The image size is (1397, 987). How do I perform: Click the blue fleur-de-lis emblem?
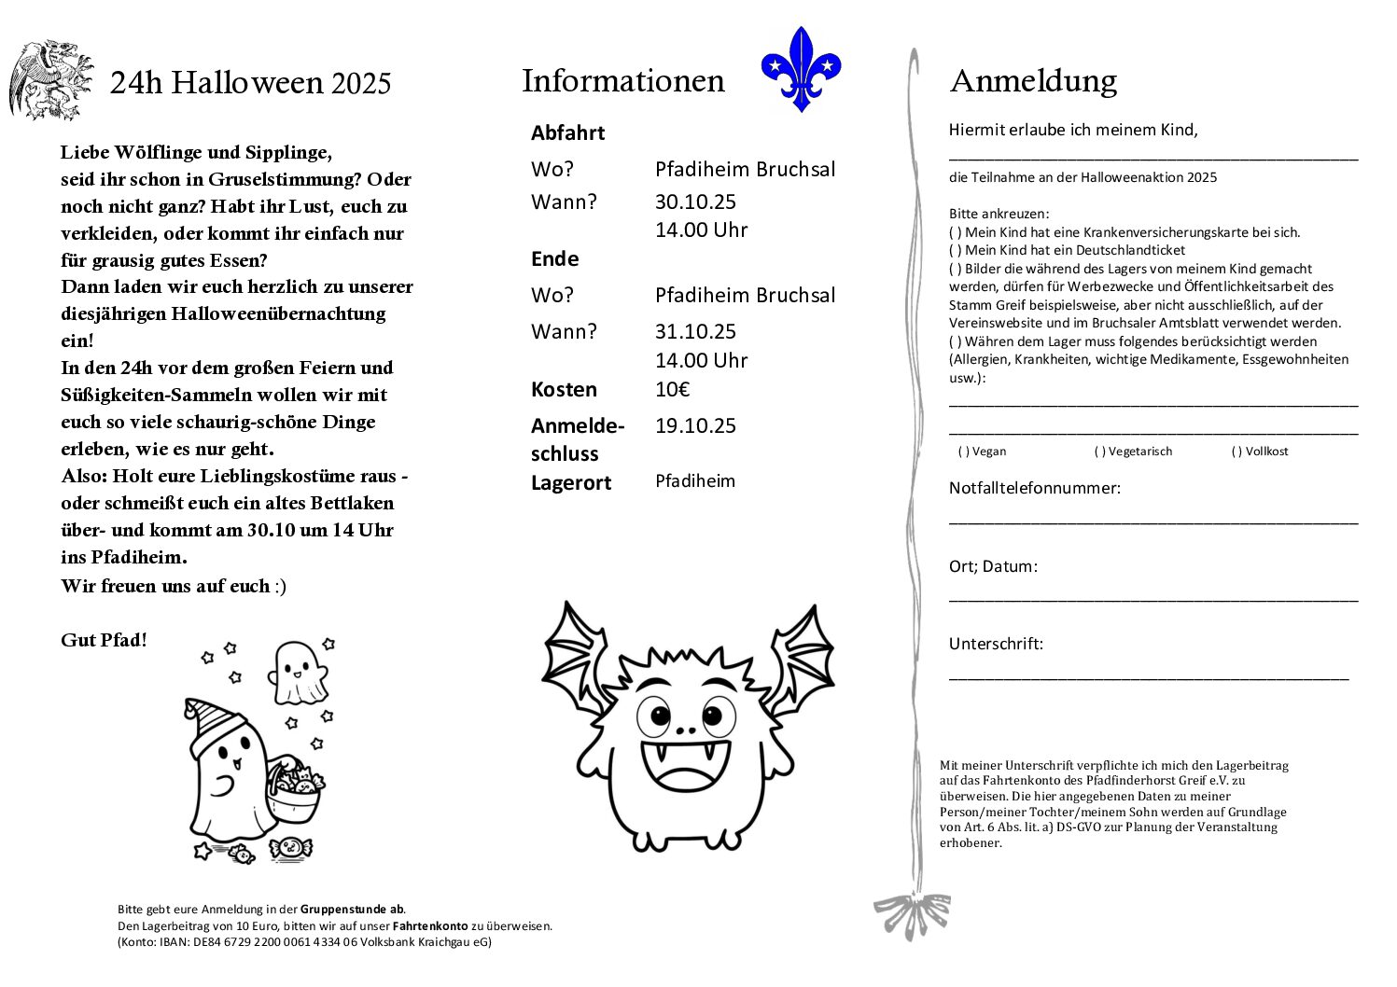(801, 68)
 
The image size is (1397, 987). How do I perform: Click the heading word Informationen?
(622, 81)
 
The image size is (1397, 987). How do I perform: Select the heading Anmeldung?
(1032, 81)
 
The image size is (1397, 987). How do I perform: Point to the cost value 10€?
(672, 389)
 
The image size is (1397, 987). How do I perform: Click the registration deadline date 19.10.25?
(695, 425)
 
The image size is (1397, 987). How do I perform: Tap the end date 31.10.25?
(695, 331)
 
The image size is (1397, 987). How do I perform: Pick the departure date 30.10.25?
(695, 202)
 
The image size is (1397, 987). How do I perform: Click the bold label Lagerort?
(570, 482)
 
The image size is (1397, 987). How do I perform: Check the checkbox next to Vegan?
(964, 452)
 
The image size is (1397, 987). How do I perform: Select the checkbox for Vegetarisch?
(1100, 452)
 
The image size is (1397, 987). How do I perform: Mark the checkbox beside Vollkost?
(1236, 452)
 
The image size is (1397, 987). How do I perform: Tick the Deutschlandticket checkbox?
(956, 250)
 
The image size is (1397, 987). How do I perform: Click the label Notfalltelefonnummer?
(1034, 487)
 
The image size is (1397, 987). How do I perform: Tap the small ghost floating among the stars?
(298, 673)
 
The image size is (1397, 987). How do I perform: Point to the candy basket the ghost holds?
(293, 789)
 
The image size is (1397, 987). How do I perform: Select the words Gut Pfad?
(104, 640)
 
